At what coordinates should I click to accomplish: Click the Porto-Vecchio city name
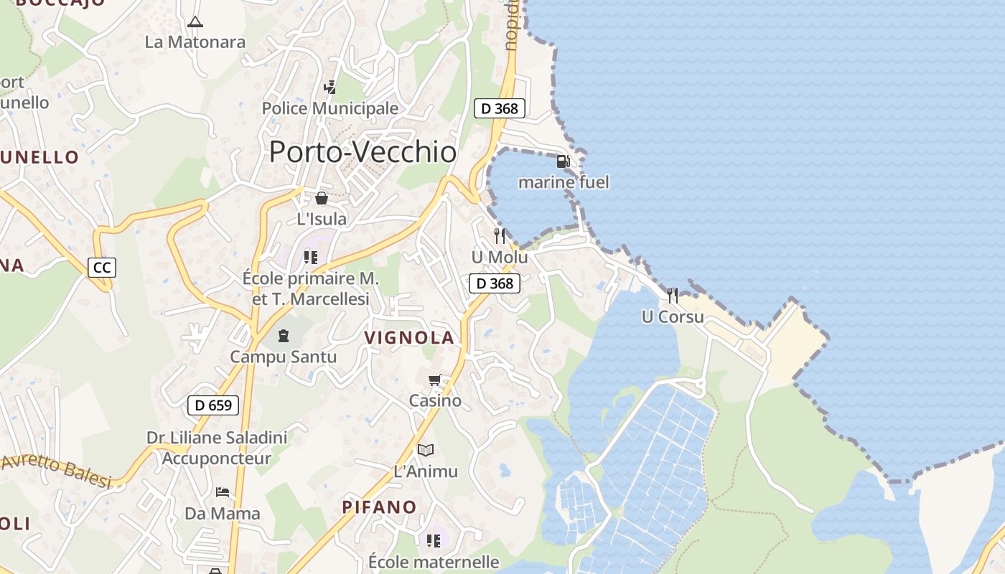click(363, 152)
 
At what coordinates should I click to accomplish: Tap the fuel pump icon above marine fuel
click(564, 161)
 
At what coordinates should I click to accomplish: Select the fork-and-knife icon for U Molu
click(500, 235)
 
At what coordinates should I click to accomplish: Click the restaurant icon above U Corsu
click(673, 295)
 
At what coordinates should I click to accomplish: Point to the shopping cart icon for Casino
click(434, 380)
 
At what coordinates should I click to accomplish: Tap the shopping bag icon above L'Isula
click(322, 197)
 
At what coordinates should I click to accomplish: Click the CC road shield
click(102, 268)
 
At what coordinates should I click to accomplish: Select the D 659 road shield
click(212, 405)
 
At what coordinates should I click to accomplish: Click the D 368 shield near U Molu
click(495, 283)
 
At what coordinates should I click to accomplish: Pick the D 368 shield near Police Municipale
click(500, 108)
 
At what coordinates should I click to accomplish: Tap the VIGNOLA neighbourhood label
click(409, 338)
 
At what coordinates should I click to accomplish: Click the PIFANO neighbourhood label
click(379, 507)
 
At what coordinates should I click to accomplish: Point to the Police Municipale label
click(329, 108)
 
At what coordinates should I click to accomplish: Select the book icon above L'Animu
click(426, 450)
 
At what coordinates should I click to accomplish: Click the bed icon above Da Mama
click(223, 492)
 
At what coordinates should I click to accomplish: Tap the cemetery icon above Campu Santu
click(284, 335)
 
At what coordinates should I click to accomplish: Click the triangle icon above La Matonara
click(195, 22)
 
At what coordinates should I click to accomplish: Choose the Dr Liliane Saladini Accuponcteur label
click(217, 448)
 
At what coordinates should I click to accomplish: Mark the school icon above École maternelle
click(434, 540)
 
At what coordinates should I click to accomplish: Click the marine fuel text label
click(564, 182)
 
